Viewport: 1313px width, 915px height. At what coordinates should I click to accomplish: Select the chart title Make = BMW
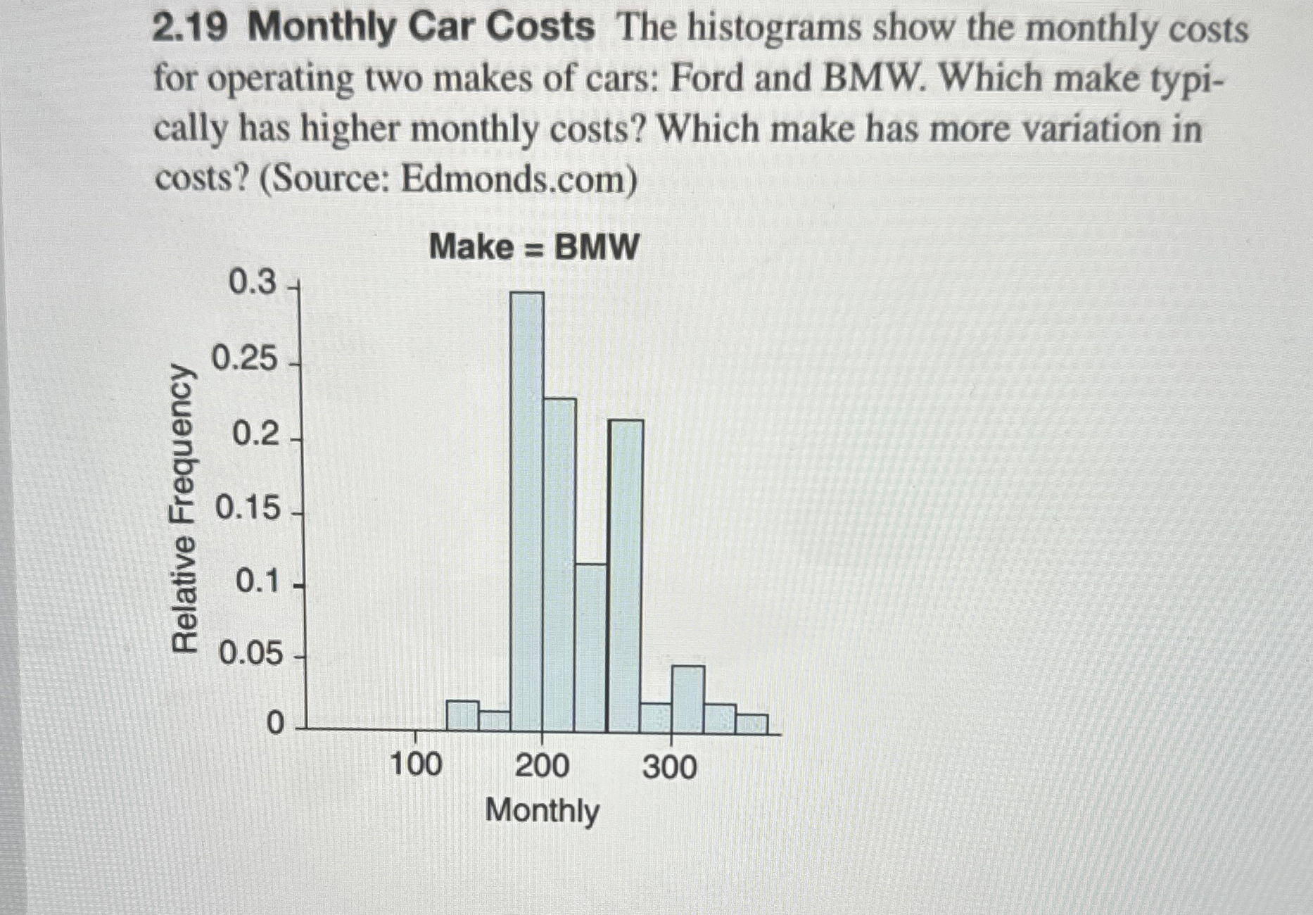(534, 247)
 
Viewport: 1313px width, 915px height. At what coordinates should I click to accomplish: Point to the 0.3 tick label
(253, 283)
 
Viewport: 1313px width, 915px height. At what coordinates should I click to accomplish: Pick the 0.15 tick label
(248, 508)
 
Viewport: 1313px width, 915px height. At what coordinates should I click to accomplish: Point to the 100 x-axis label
(416, 764)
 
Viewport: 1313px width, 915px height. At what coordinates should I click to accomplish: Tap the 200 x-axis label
(542, 765)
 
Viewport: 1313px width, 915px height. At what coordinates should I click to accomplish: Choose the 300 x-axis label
(669, 766)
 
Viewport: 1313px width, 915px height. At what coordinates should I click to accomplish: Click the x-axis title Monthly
(543, 811)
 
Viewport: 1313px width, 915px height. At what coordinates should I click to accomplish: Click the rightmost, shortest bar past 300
(751, 724)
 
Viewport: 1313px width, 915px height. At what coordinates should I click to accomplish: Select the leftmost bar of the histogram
(463, 717)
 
